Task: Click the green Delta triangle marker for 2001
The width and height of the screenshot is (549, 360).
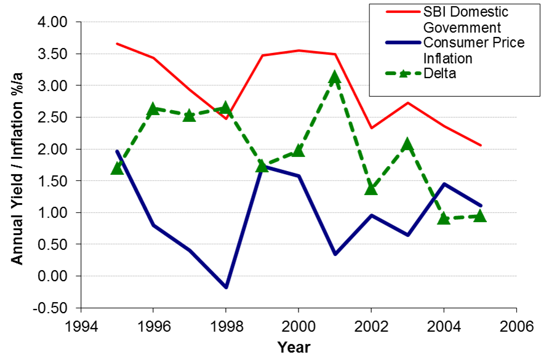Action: click(334, 77)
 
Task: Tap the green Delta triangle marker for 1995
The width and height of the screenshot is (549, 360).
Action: click(117, 167)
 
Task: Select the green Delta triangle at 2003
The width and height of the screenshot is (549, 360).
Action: click(407, 145)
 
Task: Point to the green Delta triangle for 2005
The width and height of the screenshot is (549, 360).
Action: click(479, 215)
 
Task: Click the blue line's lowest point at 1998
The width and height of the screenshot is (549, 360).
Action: click(226, 287)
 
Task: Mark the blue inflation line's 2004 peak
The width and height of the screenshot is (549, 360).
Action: click(443, 183)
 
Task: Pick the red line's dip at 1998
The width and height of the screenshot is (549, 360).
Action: click(226, 118)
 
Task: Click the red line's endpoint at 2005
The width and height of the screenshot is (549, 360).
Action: click(481, 145)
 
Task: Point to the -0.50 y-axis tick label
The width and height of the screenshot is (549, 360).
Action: click(53, 308)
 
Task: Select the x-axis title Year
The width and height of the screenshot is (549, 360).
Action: click(294, 347)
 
